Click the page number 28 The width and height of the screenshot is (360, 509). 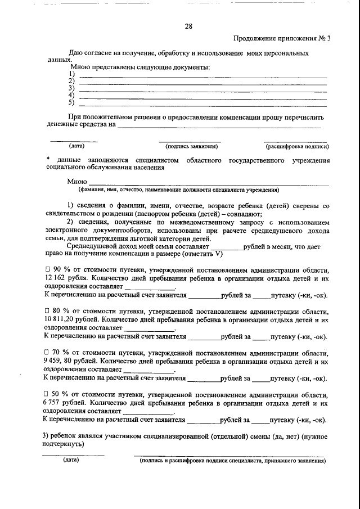click(x=188, y=26)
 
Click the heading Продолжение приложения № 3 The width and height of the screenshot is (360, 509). click(x=282, y=39)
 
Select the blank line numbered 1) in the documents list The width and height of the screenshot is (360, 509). click(x=202, y=76)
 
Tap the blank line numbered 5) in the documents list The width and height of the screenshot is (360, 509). click(x=202, y=103)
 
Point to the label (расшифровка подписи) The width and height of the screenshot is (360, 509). click(x=297, y=146)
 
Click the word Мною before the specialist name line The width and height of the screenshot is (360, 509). click(x=76, y=181)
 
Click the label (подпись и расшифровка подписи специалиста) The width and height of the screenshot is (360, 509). click(x=232, y=461)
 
